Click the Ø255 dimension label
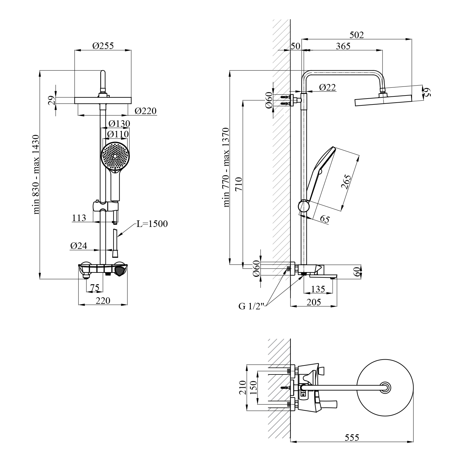(x=103, y=46)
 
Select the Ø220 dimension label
(x=146, y=111)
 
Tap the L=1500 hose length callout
(x=152, y=224)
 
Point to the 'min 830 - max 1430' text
(x=37, y=175)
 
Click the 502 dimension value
(x=356, y=35)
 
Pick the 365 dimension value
(x=343, y=46)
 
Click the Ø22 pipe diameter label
(x=327, y=87)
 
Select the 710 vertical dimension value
(x=239, y=184)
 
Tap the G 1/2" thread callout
(x=251, y=306)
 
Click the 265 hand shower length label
(x=347, y=184)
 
